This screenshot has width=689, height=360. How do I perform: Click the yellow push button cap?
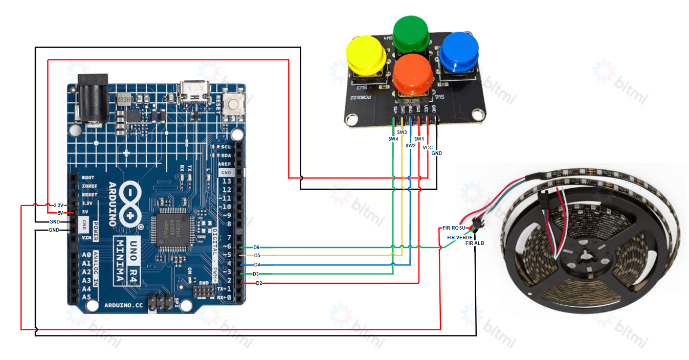[x=366, y=54]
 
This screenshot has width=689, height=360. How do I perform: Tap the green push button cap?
[x=411, y=33]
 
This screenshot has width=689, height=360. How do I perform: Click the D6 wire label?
[x=257, y=247]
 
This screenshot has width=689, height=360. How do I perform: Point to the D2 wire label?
[x=259, y=283]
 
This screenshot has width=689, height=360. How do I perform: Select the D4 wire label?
[x=257, y=265]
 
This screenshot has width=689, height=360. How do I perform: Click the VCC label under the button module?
[x=428, y=147]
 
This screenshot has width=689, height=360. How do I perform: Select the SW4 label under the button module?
[x=393, y=139]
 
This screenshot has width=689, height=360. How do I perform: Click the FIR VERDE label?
[x=460, y=238]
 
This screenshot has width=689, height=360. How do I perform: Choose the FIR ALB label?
[x=475, y=243]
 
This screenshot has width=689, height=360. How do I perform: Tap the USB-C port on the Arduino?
[x=194, y=93]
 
